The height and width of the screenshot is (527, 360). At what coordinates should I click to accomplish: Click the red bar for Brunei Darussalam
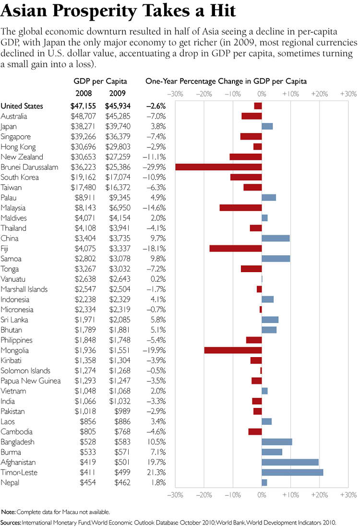218,167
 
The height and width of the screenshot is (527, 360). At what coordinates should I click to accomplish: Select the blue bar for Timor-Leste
292,472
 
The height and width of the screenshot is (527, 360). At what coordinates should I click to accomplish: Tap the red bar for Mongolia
233,350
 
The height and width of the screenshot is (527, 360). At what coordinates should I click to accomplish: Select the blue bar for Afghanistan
290,462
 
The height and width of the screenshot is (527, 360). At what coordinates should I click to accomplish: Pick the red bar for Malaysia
240,208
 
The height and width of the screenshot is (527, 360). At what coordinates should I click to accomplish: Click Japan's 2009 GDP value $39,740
120,126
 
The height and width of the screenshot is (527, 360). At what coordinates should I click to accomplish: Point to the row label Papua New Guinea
31,381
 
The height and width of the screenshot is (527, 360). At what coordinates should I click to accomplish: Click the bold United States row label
22,106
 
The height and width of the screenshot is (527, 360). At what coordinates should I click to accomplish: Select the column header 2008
84,93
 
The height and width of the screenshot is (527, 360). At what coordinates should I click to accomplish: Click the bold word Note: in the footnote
9,512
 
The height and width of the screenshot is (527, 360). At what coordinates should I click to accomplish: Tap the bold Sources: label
11,522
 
